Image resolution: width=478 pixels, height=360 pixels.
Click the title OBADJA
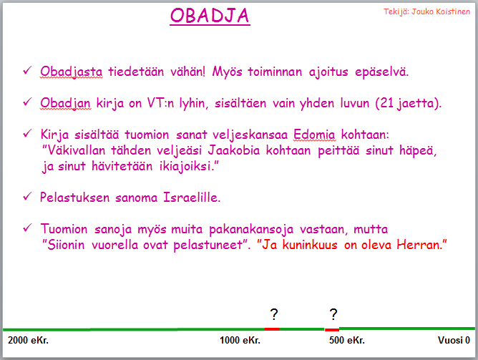coord(210,15)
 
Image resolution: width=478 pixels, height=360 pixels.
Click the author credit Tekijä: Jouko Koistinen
coord(426,11)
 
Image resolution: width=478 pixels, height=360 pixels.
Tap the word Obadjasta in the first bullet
coord(72,72)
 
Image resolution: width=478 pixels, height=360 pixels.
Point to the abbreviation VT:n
coord(161,103)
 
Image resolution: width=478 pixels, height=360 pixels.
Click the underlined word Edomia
coord(314,135)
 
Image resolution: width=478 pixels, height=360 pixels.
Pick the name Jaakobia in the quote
coord(234,150)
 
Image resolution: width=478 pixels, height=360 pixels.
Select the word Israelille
coord(192,198)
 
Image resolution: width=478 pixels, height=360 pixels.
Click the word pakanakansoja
coord(251,229)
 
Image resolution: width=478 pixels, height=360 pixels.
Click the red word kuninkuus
coord(310,245)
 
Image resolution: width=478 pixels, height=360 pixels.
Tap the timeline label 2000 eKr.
coord(28,340)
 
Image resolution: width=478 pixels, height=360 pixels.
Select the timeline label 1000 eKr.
coord(240,340)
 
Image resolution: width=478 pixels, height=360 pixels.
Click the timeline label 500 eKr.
coord(346,340)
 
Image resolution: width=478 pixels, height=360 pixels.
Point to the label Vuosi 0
coord(454,340)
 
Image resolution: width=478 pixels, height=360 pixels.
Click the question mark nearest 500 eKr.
coord(333,315)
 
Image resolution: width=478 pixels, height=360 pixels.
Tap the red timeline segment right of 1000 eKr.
coord(272,329)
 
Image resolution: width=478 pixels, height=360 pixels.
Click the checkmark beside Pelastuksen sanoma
coord(27,197)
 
